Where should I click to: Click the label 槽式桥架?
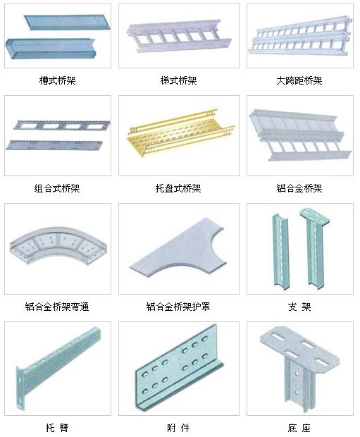pyautogui.click(x=57, y=80)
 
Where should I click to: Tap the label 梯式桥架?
pyautogui.click(x=179, y=80)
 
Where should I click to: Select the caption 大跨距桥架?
pyautogui.click(x=299, y=80)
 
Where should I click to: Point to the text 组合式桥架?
pyautogui.click(x=57, y=188)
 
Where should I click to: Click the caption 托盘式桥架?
pyautogui.click(x=178, y=188)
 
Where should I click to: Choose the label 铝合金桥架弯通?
pyautogui.click(x=57, y=307)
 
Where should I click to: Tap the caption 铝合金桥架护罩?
pyautogui.click(x=178, y=307)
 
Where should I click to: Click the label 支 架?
pyautogui.click(x=299, y=307)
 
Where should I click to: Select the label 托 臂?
pyautogui.click(x=57, y=428)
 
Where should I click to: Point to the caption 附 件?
pyautogui.click(x=178, y=428)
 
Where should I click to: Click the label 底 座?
pyautogui.click(x=299, y=428)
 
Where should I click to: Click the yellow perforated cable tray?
pyautogui.click(x=178, y=134)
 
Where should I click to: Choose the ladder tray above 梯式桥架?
pyautogui.click(x=178, y=36)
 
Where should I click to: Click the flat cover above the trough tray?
pyautogui.click(x=67, y=22)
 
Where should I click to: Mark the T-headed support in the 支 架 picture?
pyautogui.click(x=315, y=248)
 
